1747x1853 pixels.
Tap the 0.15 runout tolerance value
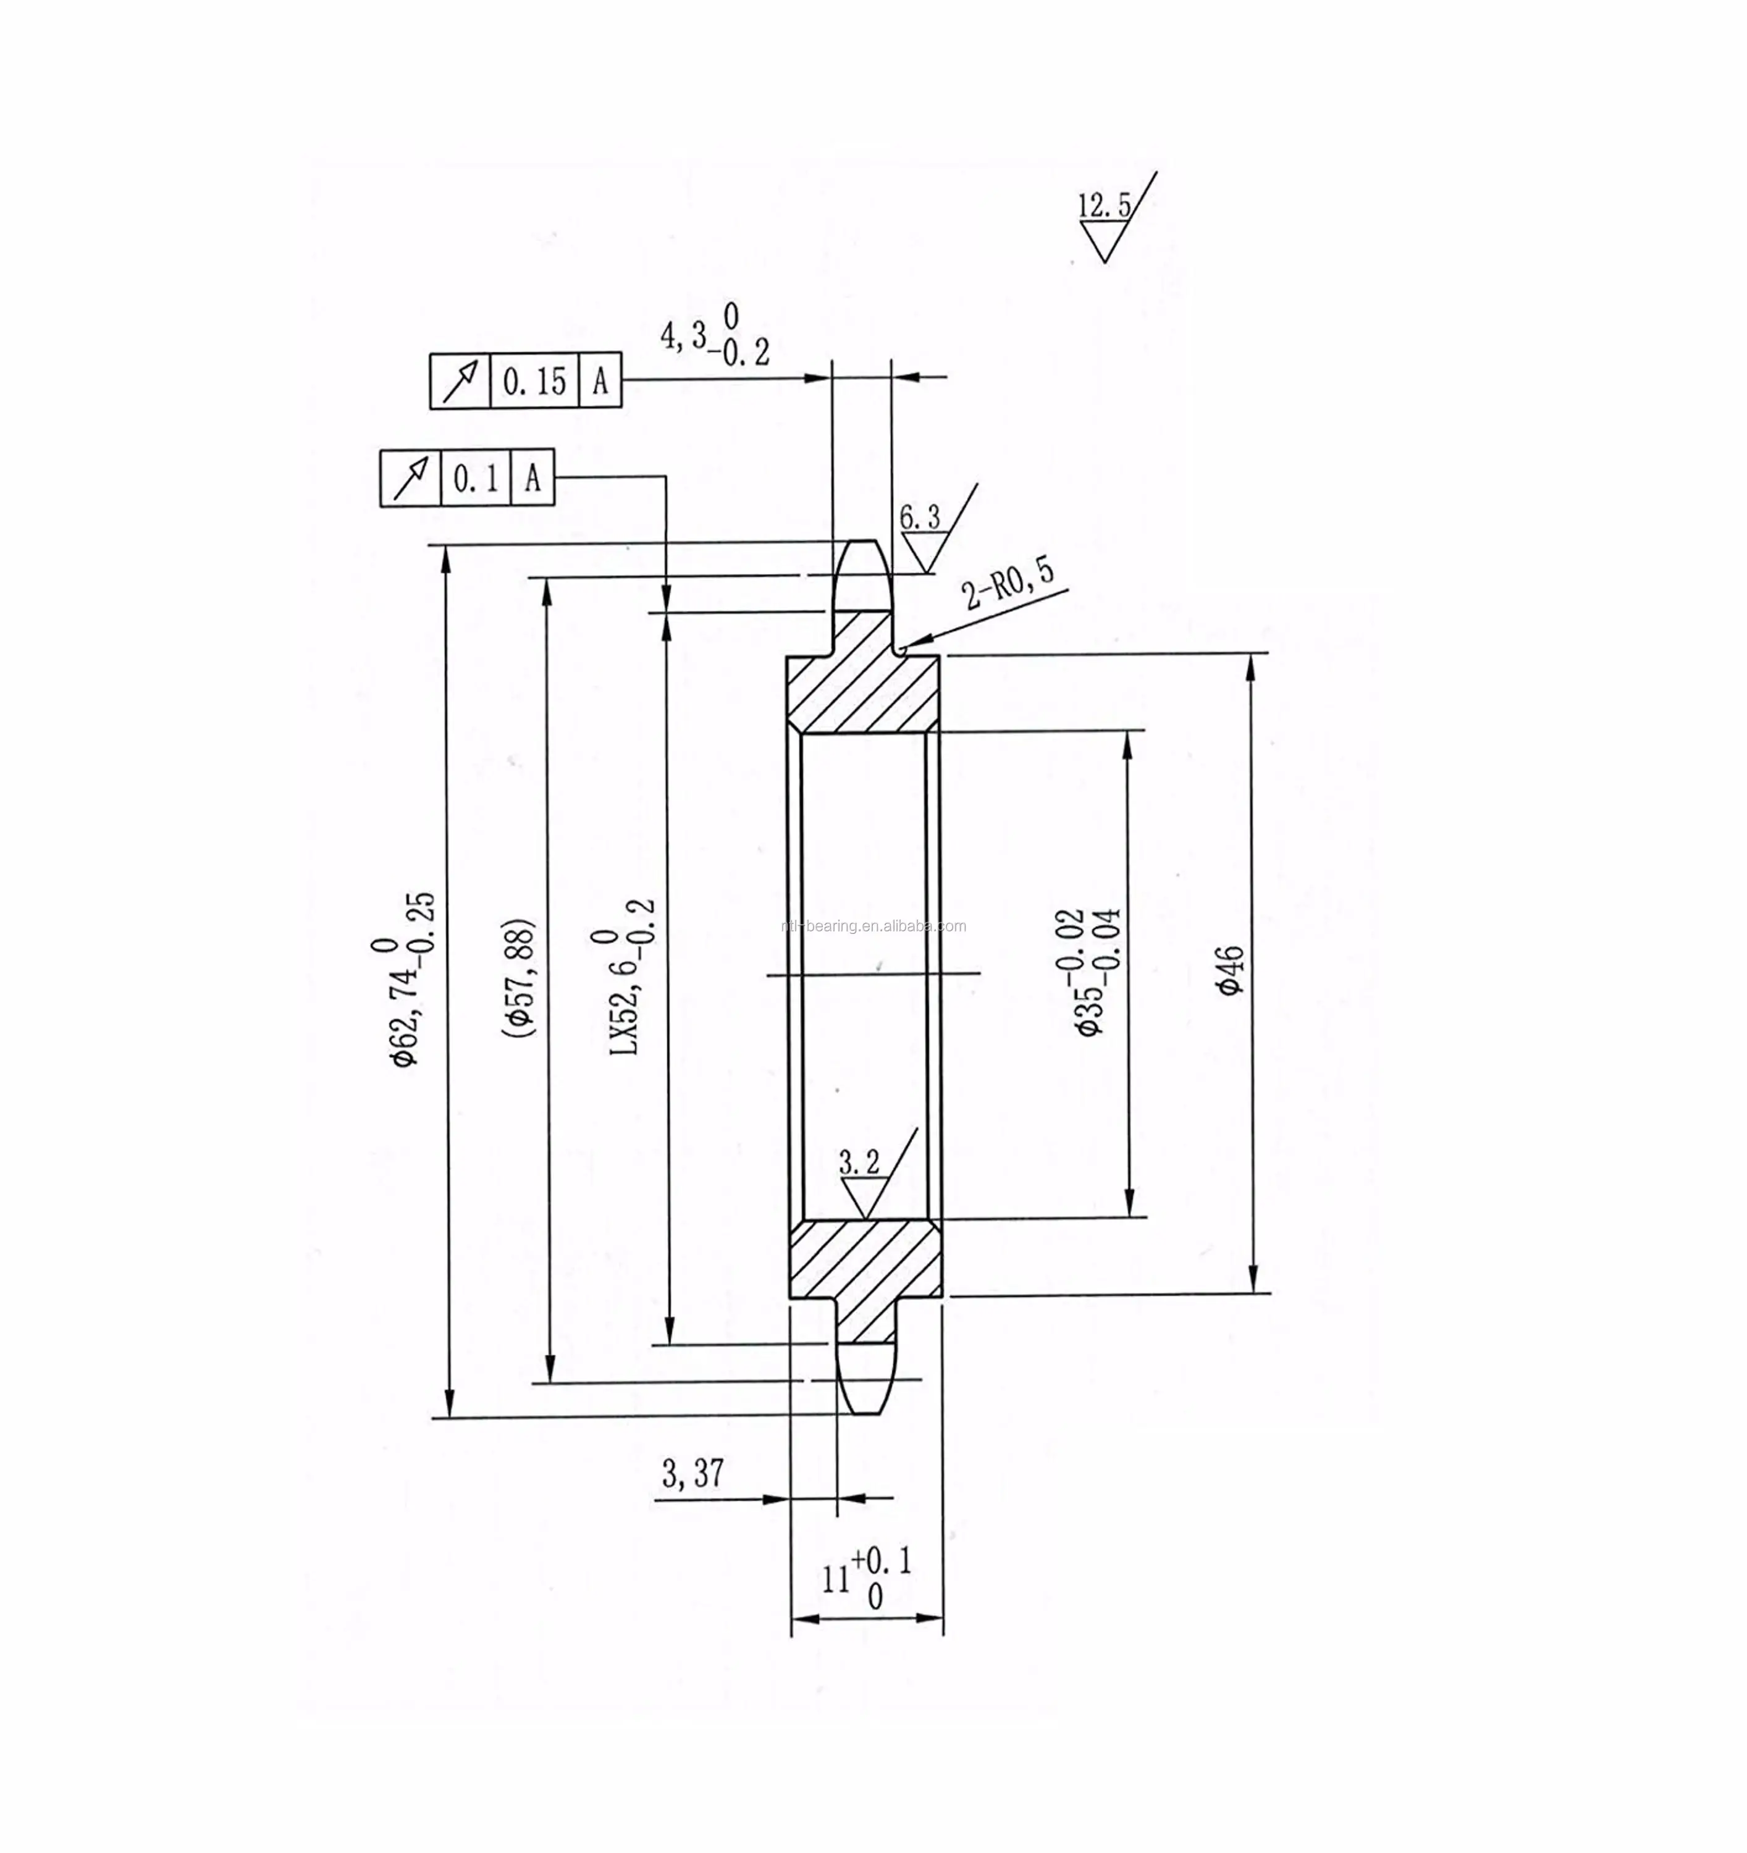[534, 380]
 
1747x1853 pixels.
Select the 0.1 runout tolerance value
[476, 479]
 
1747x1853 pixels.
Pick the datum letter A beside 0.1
[533, 479]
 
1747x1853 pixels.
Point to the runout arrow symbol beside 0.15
[460, 380]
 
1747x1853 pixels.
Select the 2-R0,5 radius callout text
[1009, 584]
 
